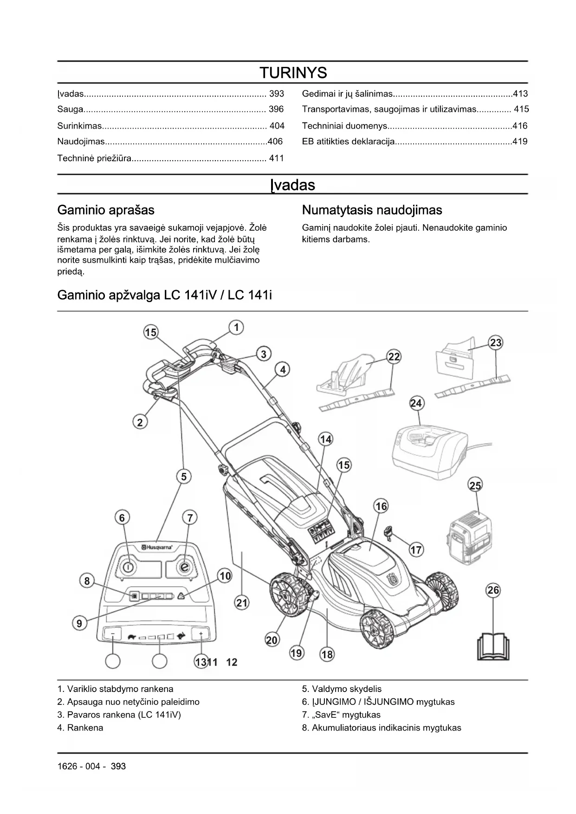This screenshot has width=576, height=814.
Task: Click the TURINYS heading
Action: [x=293, y=73]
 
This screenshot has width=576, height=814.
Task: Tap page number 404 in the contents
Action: [x=277, y=126]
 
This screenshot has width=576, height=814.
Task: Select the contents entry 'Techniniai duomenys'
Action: [x=344, y=126]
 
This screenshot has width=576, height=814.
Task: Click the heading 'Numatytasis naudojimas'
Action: [x=372, y=210]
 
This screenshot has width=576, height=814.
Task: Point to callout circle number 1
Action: [x=236, y=328]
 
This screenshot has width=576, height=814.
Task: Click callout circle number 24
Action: [x=416, y=403]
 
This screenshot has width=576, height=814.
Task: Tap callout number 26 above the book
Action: [x=493, y=590]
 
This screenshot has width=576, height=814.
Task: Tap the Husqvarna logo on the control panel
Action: [x=157, y=548]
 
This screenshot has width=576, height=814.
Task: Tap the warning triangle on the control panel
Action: [x=181, y=596]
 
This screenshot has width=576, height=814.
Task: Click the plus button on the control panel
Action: [x=201, y=634]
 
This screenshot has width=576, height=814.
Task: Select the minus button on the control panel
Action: [x=113, y=634]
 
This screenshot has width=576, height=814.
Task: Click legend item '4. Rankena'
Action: [x=80, y=728]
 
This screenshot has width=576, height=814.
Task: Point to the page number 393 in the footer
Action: [x=118, y=766]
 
